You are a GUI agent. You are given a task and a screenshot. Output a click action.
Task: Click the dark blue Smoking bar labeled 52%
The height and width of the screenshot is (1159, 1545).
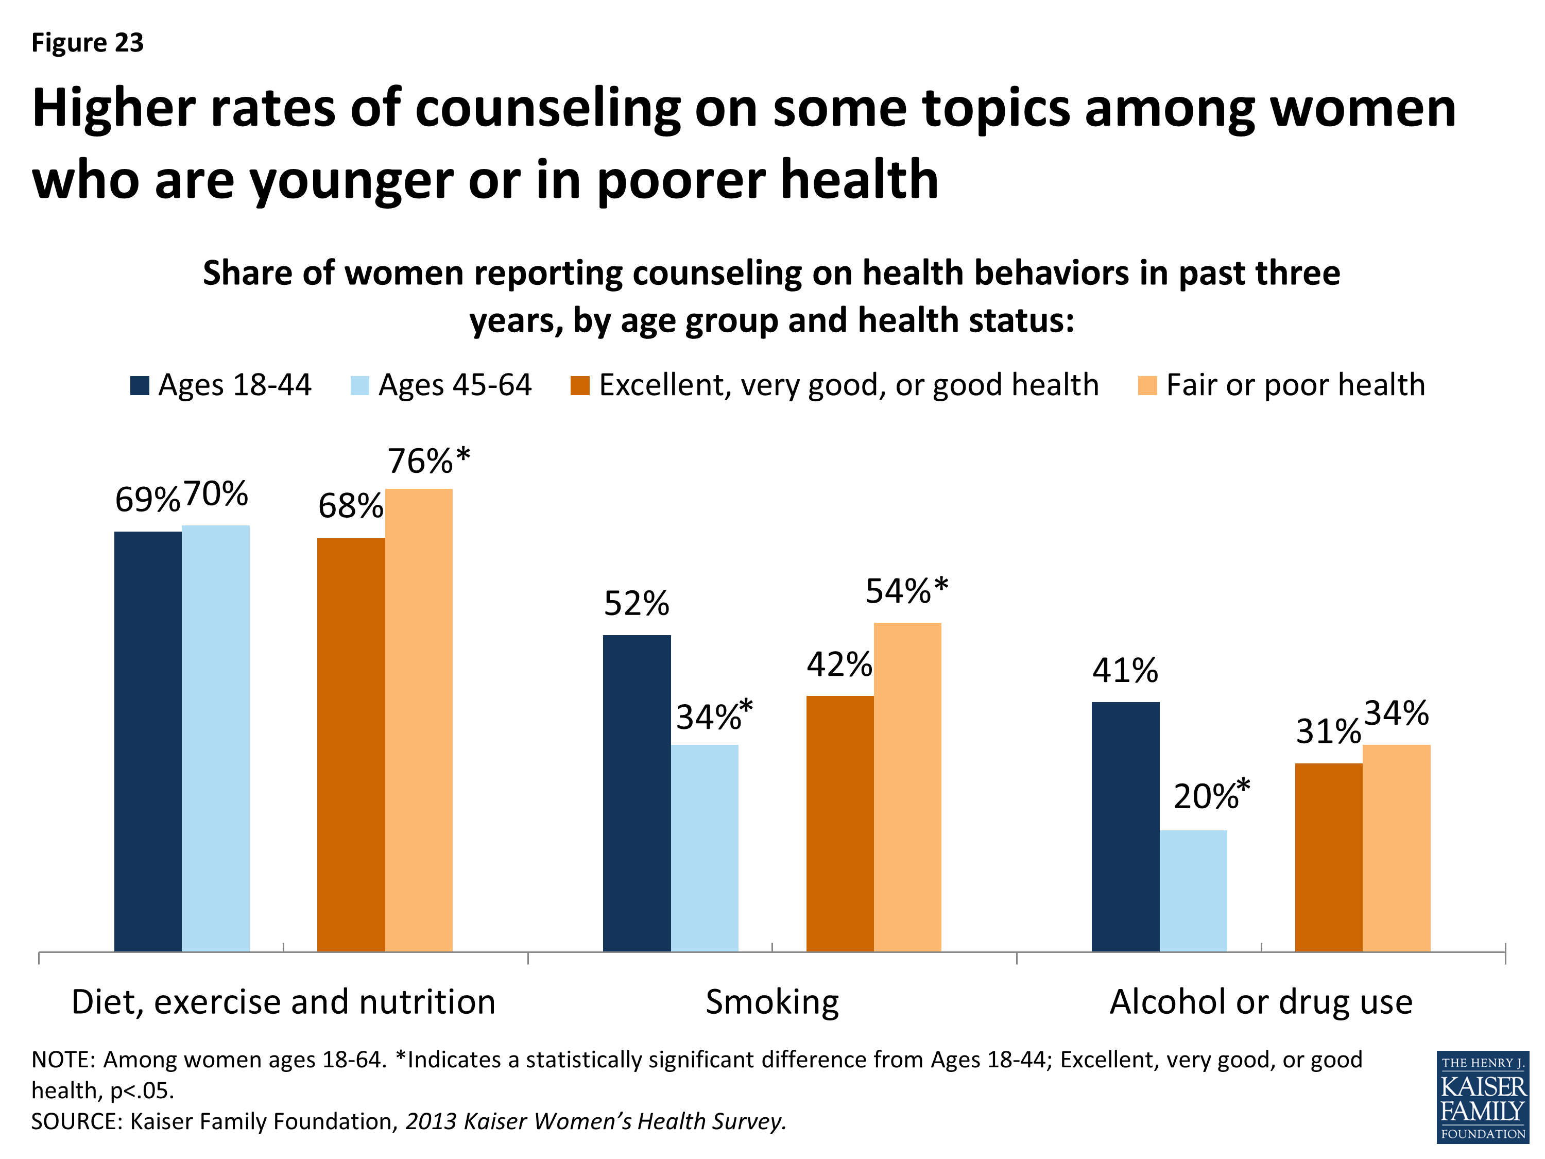coord(637,793)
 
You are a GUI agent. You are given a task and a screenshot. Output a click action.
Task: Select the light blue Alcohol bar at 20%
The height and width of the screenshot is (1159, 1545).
coord(1193,891)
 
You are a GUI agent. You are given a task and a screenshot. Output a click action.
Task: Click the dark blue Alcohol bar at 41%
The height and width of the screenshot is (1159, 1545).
coord(1125,826)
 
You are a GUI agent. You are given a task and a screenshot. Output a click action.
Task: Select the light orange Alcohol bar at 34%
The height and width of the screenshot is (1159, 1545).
coord(1396,847)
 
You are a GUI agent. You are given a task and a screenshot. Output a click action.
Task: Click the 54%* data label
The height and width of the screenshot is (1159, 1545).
coord(906,591)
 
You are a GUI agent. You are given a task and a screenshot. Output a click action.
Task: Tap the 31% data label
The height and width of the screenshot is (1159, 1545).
coord(1328,731)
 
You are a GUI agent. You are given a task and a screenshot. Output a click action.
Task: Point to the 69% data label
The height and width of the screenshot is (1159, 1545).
coord(147,500)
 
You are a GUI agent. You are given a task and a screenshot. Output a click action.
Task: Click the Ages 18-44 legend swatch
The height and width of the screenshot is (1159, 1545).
coord(140,386)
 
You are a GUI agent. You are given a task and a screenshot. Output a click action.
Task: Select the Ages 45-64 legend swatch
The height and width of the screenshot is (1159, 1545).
coord(359,386)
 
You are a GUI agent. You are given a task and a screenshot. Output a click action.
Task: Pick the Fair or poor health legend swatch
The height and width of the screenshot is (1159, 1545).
coord(1147,386)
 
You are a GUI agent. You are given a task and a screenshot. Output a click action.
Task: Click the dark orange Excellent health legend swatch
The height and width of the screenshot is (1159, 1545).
coord(580,386)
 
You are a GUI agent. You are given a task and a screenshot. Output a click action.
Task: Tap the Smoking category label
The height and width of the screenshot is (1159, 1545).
coord(772,1002)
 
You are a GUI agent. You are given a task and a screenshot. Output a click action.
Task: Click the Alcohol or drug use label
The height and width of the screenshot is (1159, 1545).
coord(1261,1002)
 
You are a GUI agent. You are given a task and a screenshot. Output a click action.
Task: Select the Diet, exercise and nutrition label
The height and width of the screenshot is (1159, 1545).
coord(284,1002)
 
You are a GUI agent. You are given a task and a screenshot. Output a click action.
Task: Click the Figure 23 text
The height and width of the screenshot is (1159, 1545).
coord(88,43)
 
